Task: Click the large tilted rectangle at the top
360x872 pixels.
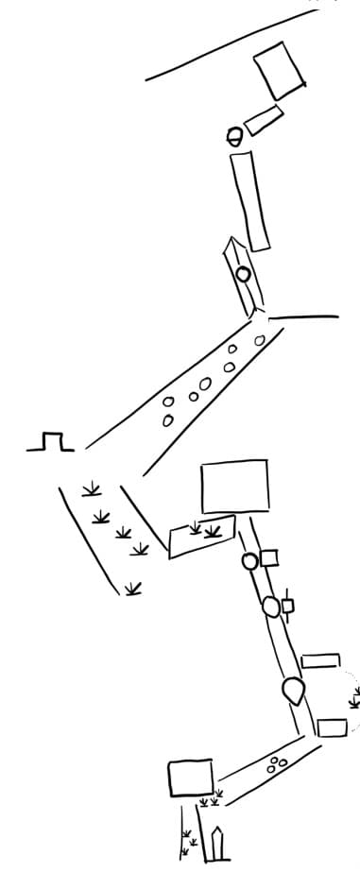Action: (281, 70)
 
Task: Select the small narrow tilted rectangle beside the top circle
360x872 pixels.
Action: (263, 120)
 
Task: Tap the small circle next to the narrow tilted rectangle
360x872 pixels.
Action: (235, 136)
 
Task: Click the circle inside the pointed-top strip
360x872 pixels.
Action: (243, 274)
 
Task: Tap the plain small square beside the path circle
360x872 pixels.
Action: (269, 557)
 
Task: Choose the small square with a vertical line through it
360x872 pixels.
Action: (287, 606)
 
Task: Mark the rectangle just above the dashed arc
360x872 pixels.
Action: (320, 659)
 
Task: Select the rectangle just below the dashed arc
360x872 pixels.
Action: (332, 727)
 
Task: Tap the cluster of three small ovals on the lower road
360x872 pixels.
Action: (277, 763)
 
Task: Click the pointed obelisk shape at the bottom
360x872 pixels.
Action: (219, 845)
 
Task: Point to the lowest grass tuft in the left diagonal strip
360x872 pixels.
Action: (133, 589)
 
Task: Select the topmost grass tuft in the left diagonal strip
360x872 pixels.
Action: (91, 488)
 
